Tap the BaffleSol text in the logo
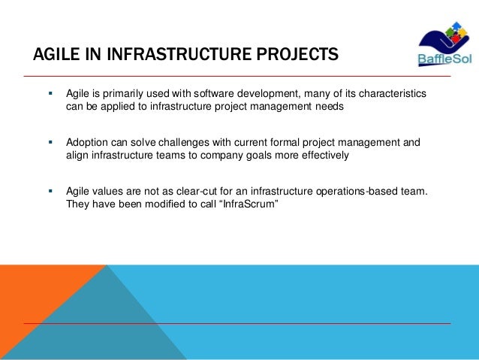click(x=441, y=61)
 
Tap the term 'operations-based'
click(x=356, y=191)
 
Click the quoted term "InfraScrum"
click(x=243, y=204)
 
